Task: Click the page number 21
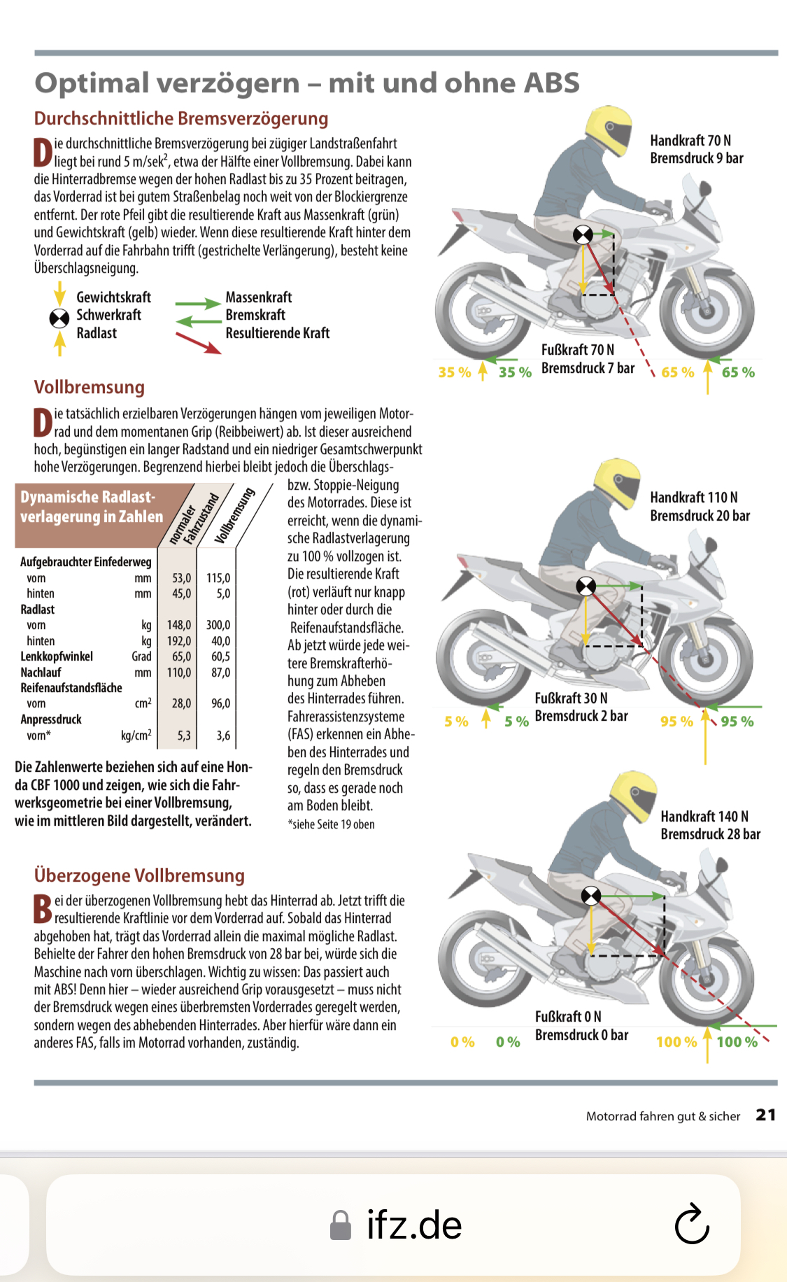pyautogui.click(x=765, y=1115)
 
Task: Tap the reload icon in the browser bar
pyautogui.click(x=692, y=1224)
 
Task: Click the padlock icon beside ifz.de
pyautogui.click(x=340, y=1225)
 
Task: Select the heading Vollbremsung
pyautogui.click(x=90, y=387)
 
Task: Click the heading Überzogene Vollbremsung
pyautogui.click(x=139, y=875)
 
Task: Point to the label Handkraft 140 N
pyautogui.click(x=704, y=816)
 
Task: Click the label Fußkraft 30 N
pyautogui.click(x=571, y=698)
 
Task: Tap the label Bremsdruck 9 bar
pyautogui.click(x=696, y=158)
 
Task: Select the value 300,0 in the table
pyautogui.click(x=218, y=625)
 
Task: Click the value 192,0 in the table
pyautogui.click(x=178, y=641)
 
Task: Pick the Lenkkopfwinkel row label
pyautogui.click(x=57, y=656)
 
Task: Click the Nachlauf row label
pyautogui.click(x=41, y=672)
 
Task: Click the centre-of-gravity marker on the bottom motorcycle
pyautogui.click(x=591, y=895)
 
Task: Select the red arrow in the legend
pyautogui.click(x=198, y=343)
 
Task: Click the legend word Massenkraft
pyautogui.click(x=258, y=297)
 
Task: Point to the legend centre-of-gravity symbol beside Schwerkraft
pyautogui.click(x=59, y=318)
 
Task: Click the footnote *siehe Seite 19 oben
pyautogui.click(x=331, y=824)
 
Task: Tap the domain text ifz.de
pyautogui.click(x=414, y=1225)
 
